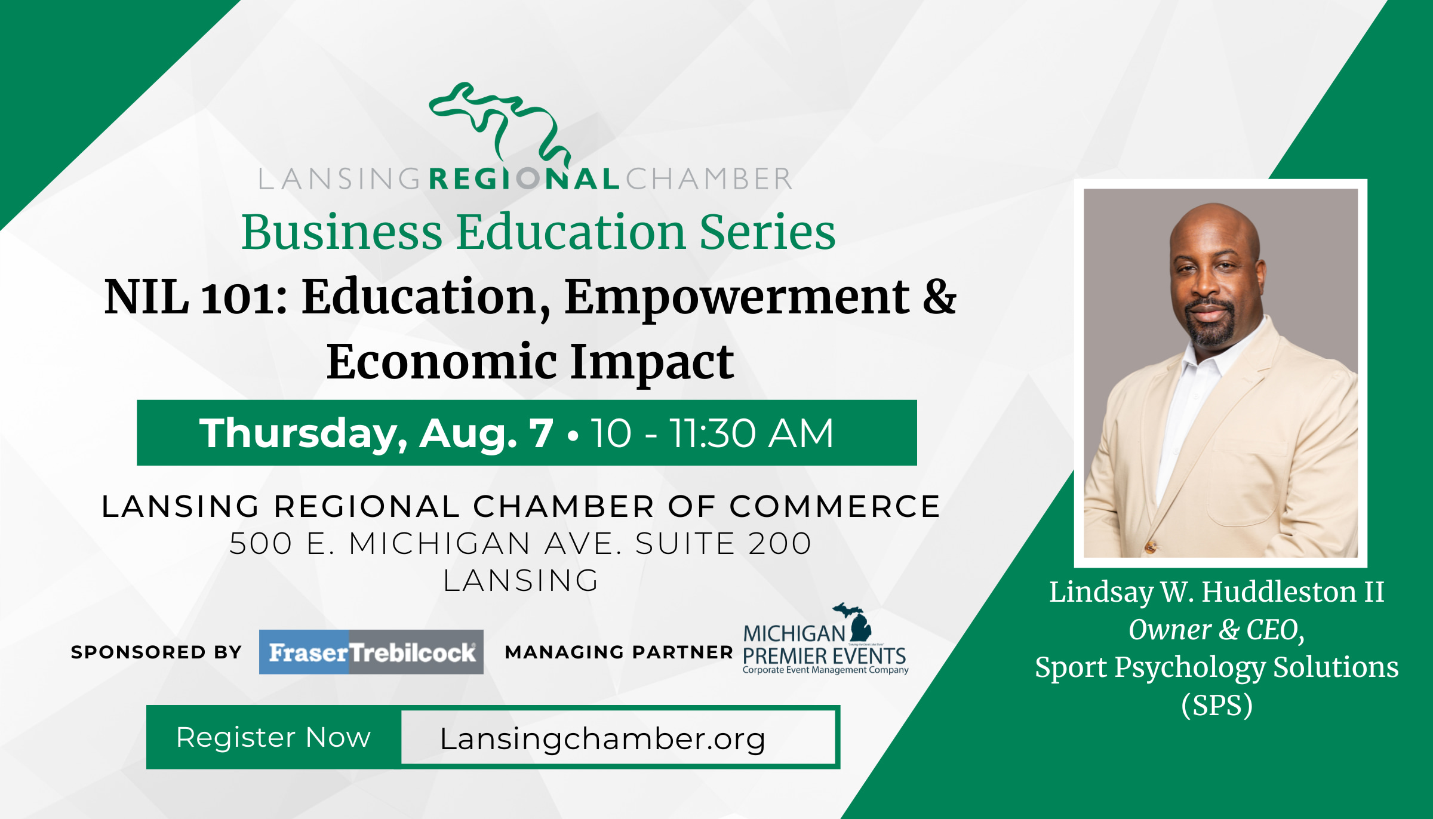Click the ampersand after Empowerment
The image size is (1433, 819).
coord(939,297)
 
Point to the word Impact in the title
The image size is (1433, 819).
coord(652,363)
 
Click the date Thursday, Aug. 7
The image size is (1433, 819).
coord(376,433)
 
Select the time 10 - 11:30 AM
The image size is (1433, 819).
coord(712,433)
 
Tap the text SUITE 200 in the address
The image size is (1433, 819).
coord(723,543)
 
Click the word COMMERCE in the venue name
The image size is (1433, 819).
coord(835,506)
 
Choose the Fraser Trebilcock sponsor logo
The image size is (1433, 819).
coord(371,652)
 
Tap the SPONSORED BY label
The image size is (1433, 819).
coord(156,652)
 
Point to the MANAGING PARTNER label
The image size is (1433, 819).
coord(619,652)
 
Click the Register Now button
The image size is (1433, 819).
coord(273,737)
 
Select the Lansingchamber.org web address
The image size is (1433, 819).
coord(602,739)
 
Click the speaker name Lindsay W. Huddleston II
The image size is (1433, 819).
coord(1217,592)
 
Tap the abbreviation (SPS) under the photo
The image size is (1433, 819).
coord(1217,705)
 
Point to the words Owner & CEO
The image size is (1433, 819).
coord(1217,630)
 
